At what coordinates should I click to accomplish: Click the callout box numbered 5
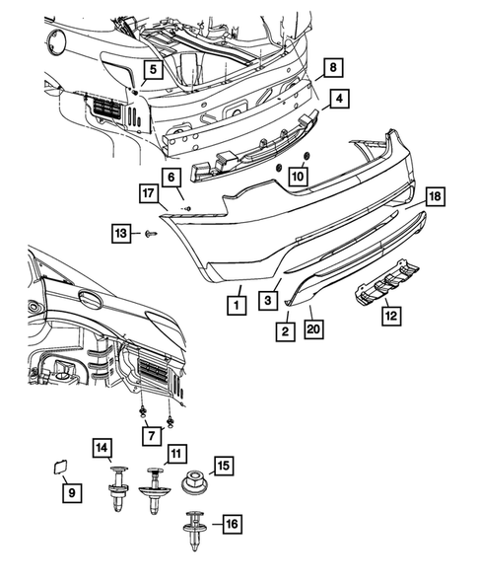pyautogui.click(x=153, y=69)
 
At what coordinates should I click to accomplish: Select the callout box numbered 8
pyautogui.click(x=333, y=67)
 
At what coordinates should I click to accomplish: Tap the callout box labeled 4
pyautogui.click(x=339, y=99)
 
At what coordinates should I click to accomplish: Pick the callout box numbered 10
pyautogui.click(x=298, y=176)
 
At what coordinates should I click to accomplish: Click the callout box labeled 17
pyautogui.click(x=149, y=193)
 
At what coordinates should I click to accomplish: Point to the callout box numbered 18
pyautogui.click(x=436, y=196)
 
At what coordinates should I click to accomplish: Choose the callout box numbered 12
pyautogui.click(x=391, y=316)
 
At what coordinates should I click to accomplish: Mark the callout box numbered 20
pyautogui.click(x=313, y=329)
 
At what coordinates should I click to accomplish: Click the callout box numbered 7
pyautogui.click(x=152, y=435)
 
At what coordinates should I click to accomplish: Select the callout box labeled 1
pyautogui.click(x=237, y=305)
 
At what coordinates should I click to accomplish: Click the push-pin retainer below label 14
pyautogui.click(x=118, y=488)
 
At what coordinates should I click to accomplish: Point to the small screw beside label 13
pyautogui.click(x=152, y=234)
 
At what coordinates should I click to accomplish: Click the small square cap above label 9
pyautogui.click(x=59, y=467)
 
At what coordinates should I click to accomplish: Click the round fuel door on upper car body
pyautogui.click(x=56, y=43)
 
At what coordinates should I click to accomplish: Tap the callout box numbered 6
pyautogui.click(x=171, y=177)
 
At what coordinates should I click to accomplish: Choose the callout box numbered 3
pyautogui.click(x=268, y=300)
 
